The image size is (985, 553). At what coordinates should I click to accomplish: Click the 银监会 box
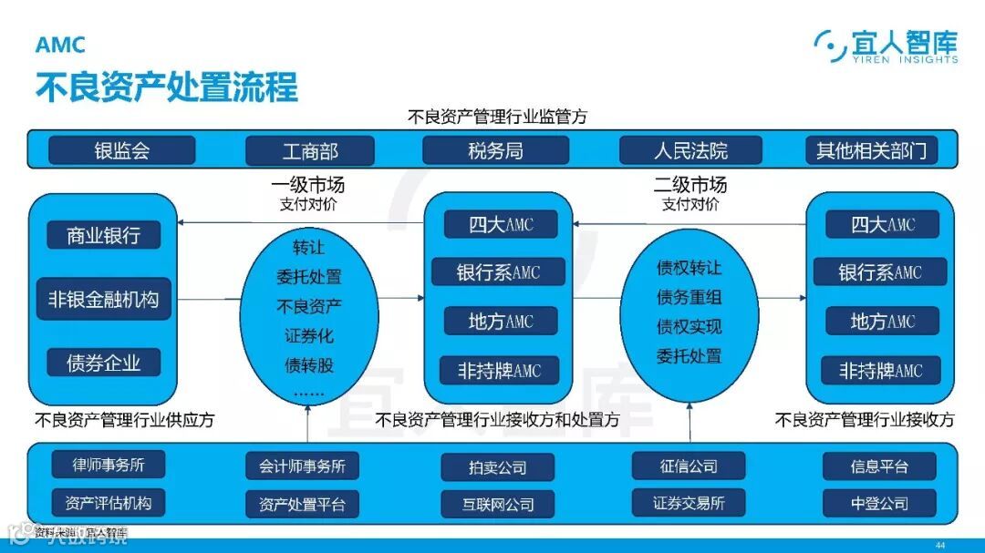pyautogui.click(x=121, y=150)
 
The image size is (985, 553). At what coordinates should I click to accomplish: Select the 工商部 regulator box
pyautogui.click(x=310, y=150)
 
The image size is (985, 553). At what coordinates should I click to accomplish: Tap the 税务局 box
pyautogui.click(x=495, y=150)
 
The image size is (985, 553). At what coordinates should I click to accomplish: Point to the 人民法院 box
pyautogui.click(x=690, y=150)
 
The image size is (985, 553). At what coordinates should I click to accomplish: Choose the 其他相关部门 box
pyautogui.click(x=870, y=150)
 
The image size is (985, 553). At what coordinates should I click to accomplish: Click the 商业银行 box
pyautogui.click(x=103, y=235)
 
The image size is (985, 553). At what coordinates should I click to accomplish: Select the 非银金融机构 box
pyautogui.click(x=103, y=299)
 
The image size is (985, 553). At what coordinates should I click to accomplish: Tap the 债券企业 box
pyautogui.click(x=103, y=363)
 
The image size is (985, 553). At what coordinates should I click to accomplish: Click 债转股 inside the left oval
pyautogui.click(x=309, y=366)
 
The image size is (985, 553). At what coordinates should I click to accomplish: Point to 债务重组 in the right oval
pyautogui.click(x=689, y=297)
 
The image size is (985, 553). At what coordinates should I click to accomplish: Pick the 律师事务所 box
pyautogui.click(x=109, y=465)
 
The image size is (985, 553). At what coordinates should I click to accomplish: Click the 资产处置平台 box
pyautogui.click(x=302, y=504)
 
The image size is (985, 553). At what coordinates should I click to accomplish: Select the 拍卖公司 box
pyautogui.click(x=497, y=467)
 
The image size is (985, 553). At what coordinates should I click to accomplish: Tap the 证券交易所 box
pyautogui.click(x=689, y=502)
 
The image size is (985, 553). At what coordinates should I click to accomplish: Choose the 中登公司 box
pyautogui.click(x=879, y=503)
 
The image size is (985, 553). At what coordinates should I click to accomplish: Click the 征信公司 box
pyautogui.click(x=689, y=466)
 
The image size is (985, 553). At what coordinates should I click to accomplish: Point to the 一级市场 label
pyautogui.click(x=308, y=185)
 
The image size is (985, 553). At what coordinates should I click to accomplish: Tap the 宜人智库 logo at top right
pyautogui.click(x=886, y=46)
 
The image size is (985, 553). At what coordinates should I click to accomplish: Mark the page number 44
pyautogui.click(x=940, y=545)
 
